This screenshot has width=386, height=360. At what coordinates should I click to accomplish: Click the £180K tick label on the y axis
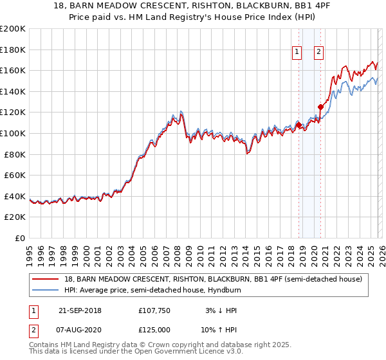pos(13,50)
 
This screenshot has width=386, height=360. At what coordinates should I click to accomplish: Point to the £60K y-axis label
pos(15,175)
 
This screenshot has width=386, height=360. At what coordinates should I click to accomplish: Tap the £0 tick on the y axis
pos(21,238)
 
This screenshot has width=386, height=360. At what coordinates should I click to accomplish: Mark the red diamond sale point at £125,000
pos(320,107)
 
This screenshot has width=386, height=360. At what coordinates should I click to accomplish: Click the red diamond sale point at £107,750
pos(299,125)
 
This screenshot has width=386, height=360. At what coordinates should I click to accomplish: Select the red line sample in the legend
pos(46,279)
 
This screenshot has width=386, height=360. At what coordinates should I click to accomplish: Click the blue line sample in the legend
pos(46,290)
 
